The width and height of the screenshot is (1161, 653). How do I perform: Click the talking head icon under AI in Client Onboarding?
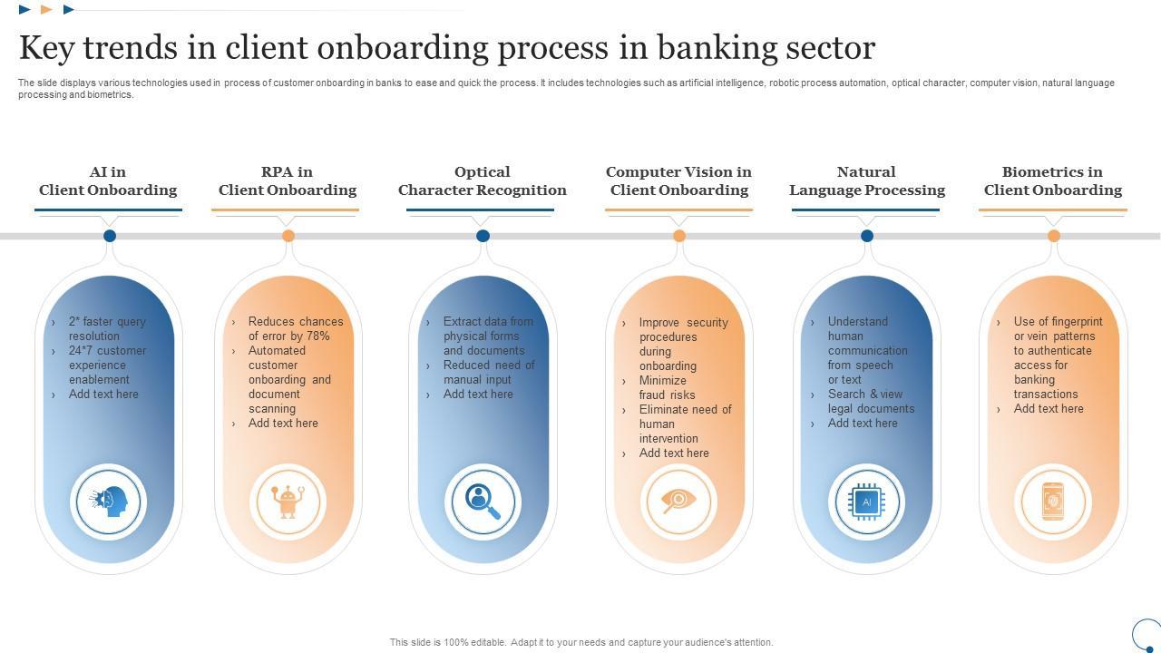(109, 501)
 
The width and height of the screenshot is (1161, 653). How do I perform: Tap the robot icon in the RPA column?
(288, 501)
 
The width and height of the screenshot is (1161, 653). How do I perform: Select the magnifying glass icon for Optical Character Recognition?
(483, 501)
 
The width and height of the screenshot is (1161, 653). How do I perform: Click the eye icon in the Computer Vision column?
(678, 501)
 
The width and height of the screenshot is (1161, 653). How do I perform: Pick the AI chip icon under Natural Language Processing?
(866, 501)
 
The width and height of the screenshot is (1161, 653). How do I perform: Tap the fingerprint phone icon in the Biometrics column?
(1053, 501)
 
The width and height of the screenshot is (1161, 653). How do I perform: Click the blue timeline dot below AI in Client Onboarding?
(110, 236)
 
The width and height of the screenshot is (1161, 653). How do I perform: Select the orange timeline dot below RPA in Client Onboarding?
(288, 236)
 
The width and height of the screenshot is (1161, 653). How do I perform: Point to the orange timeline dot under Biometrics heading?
(1054, 236)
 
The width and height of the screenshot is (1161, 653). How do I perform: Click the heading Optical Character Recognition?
(482, 180)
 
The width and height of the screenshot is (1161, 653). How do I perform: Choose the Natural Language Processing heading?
(866, 180)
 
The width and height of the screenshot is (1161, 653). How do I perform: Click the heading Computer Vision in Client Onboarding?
(678, 180)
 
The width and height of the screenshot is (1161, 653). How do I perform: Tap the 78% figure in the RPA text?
(317, 336)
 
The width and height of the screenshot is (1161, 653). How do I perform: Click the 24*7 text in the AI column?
(83, 351)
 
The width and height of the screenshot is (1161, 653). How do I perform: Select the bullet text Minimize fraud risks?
(667, 388)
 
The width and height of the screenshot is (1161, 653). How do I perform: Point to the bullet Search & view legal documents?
(870, 402)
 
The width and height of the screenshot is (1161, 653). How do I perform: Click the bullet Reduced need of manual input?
(488, 373)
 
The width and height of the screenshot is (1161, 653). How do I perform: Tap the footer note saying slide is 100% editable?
(580, 642)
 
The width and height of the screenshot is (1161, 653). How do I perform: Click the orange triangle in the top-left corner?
(46, 10)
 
